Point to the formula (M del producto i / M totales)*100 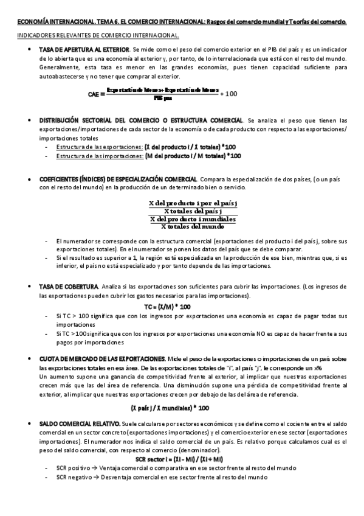193,155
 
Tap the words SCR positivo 72,469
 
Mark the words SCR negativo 72,478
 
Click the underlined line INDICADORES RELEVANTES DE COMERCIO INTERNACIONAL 97,35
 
